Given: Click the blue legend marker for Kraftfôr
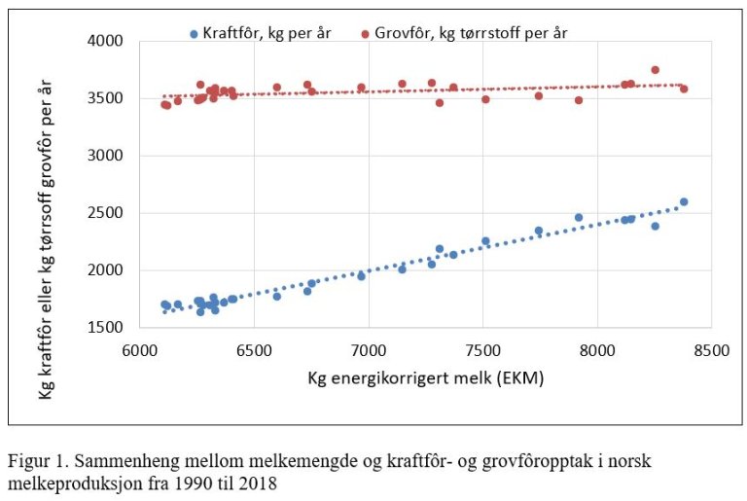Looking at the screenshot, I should click(195, 33).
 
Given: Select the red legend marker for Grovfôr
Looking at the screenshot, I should click(366, 33).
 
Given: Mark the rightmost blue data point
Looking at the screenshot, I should click(684, 202).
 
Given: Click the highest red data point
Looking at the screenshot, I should click(655, 70).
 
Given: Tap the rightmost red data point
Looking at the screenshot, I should click(684, 89).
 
